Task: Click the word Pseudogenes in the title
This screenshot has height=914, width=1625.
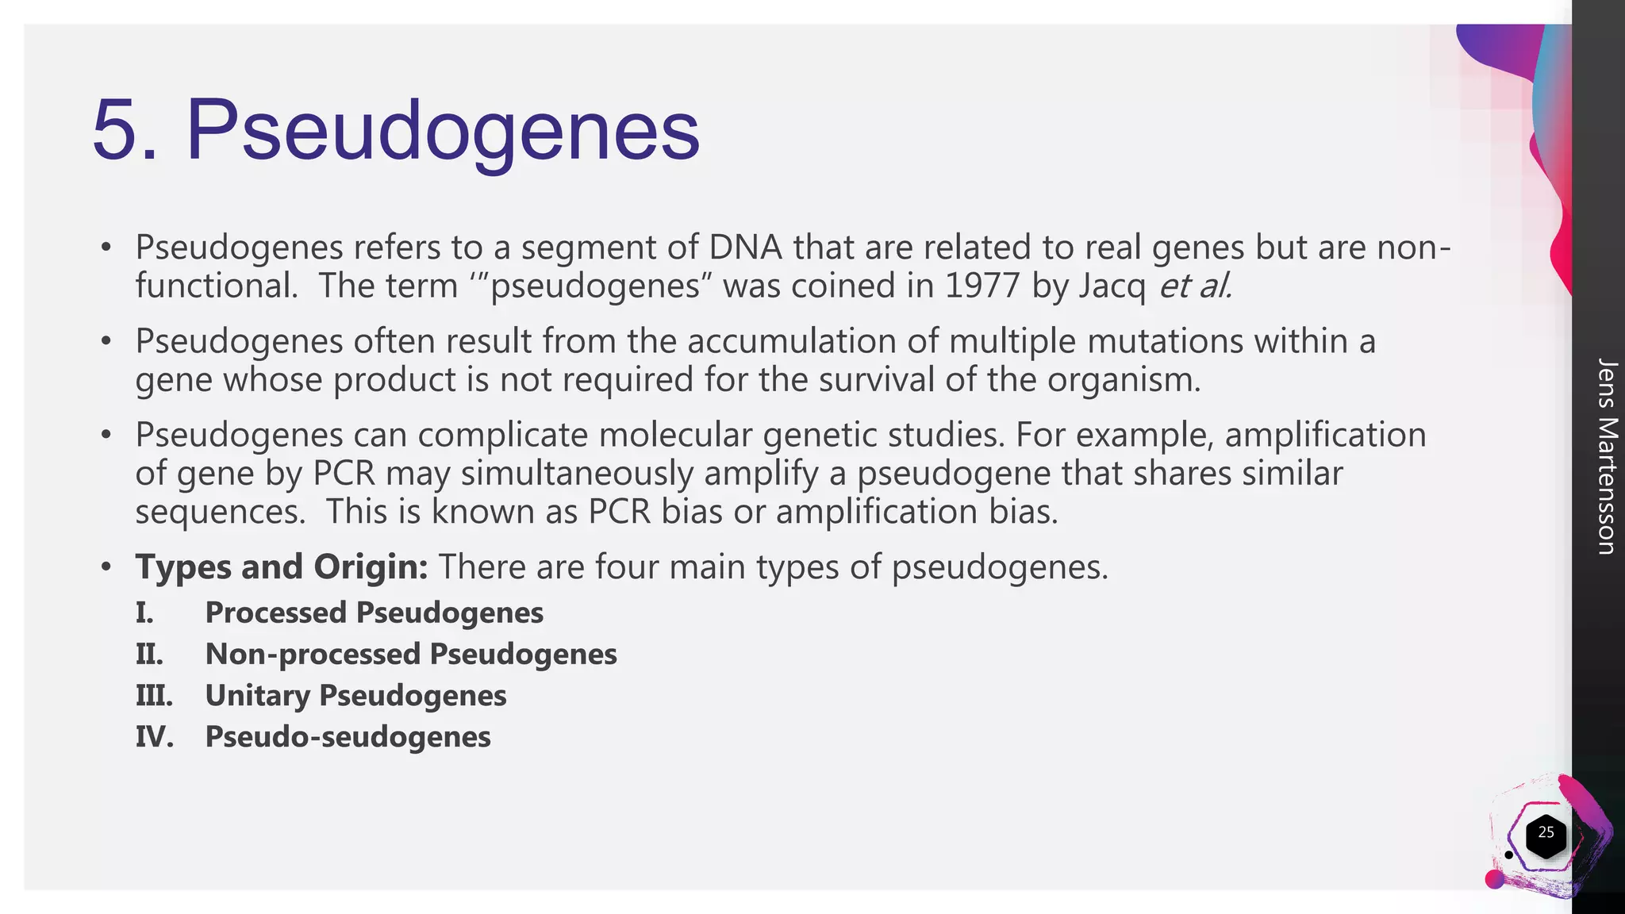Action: tap(443, 132)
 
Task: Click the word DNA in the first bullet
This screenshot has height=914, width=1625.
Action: tap(745, 248)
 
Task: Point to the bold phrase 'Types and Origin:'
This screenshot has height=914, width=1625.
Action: tap(282, 567)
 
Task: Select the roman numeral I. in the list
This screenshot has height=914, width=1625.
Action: tap(144, 613)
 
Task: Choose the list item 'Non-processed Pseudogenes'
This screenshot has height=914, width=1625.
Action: tap(411, 655)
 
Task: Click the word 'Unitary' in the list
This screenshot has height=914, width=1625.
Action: tap(258, 696)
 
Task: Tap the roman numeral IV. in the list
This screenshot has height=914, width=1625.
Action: tap(154, 737)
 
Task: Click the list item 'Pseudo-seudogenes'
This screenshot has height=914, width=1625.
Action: tap(348, 737)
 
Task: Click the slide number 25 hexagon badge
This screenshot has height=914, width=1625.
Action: tap(1546, 834)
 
